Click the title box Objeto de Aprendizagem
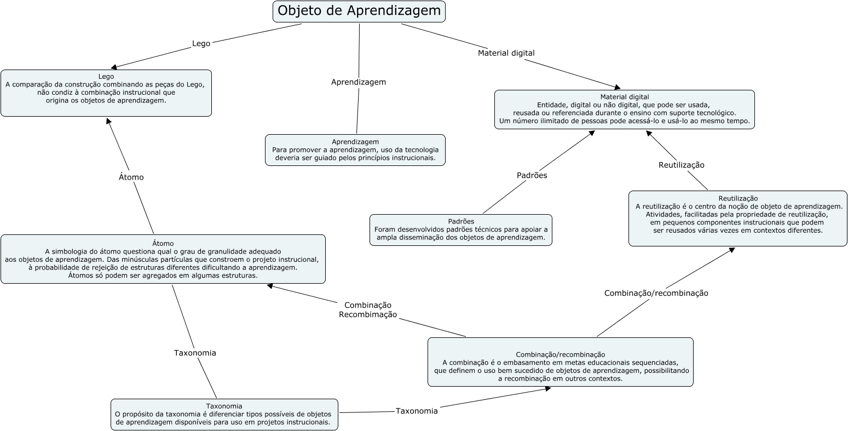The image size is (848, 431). (x=359, y=12)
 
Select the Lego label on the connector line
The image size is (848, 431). (x=201, y=43)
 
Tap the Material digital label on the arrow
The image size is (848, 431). (x=506, y=53)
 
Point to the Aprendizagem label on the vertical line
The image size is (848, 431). (x=359, y=82)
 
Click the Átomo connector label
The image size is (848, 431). (x=131, y=177)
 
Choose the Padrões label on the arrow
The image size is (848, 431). (x=532, y=176)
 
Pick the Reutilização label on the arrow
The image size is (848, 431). (x=681, y=165)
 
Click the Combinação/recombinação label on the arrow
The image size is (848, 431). (x=656, y=294)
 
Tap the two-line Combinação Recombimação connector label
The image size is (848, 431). (x=368, y=310)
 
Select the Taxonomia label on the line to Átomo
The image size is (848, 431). (x=195, y=353)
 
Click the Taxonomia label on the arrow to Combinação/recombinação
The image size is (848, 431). (x=417, y=411)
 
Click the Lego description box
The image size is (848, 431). (x=106, y=93)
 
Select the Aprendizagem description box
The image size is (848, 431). (x=355, y=150)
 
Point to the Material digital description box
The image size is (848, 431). (x=624, y=110)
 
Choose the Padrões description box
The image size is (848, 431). (x=461, y=230)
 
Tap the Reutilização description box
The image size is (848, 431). (x=737, y=219)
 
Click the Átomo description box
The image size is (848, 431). (x=163, y=259)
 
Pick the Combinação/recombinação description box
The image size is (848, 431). (x=560, y=363)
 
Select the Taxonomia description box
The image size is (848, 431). (x=224, y=415)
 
